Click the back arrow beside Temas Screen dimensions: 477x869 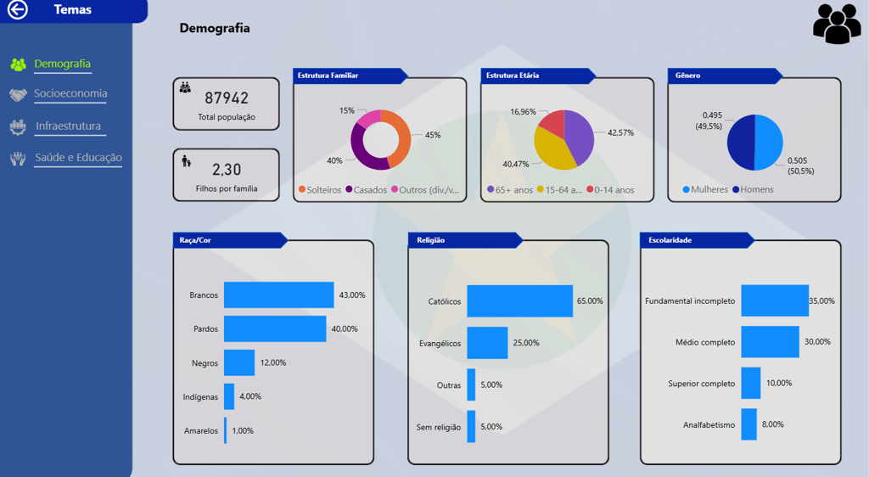click(x=17, y=10)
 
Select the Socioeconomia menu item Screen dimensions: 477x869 click(x=70, y=94)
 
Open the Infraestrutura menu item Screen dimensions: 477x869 click(x=68, y=126)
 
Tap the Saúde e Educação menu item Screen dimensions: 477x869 click(x=78, y=158)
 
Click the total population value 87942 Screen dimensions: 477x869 click(x=227, y=98)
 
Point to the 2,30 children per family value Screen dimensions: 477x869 click(x=227, y=169)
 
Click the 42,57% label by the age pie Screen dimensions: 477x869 click(x=620, y=132)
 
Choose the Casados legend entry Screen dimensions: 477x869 click(x=365, y=190)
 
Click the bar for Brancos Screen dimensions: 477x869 click(x=278, y=295)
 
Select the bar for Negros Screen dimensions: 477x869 click(x=239, y=362)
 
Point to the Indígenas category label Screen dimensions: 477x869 click(x=200, y=396)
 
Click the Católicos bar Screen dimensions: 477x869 click(x=519, y=301)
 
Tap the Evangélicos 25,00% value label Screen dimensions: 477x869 click(x=525, y=343)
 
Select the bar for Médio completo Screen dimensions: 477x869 click(x=770, y=341)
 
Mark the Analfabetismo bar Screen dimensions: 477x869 click(x=748, y=424)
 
